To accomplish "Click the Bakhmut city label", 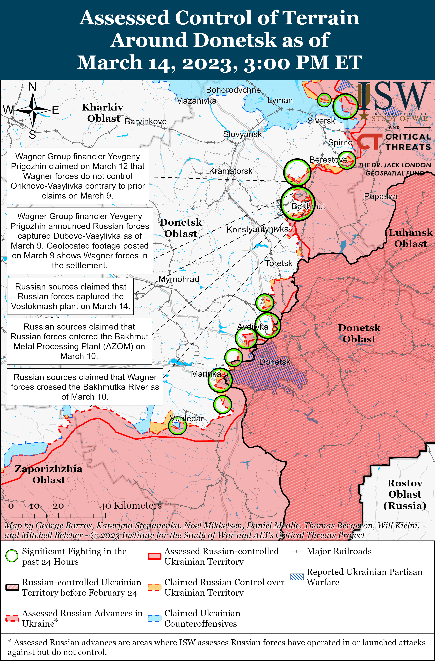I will (308, 206).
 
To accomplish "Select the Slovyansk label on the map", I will (242, 134).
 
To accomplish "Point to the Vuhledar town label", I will (187, 418).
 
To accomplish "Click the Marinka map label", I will (206, 374).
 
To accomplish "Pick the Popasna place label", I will (381, 196).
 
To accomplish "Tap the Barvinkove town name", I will (146, 122).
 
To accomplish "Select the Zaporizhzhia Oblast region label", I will (49, 474).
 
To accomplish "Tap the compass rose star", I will (33, 110).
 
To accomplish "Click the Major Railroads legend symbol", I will (296, 551).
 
